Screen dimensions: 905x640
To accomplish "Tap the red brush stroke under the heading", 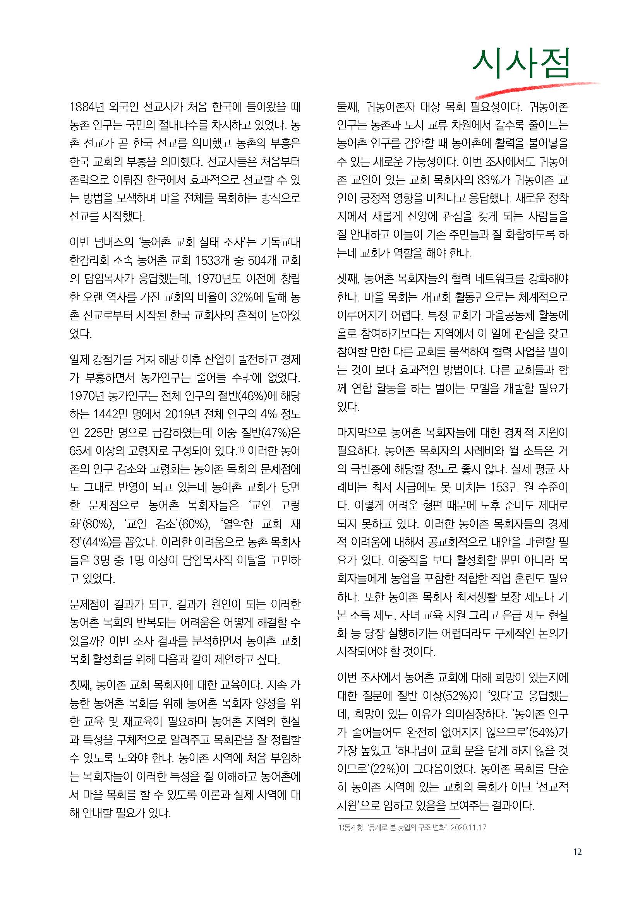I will [x=536, y=89].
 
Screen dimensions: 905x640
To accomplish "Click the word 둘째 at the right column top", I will [x=347, y=107].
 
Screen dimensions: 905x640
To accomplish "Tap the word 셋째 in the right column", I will [x=347, y=279].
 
